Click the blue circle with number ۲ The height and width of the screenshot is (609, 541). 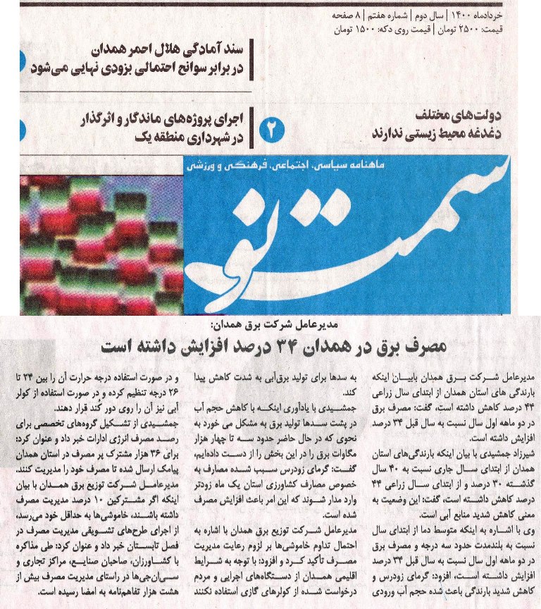[x=273, y=129]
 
